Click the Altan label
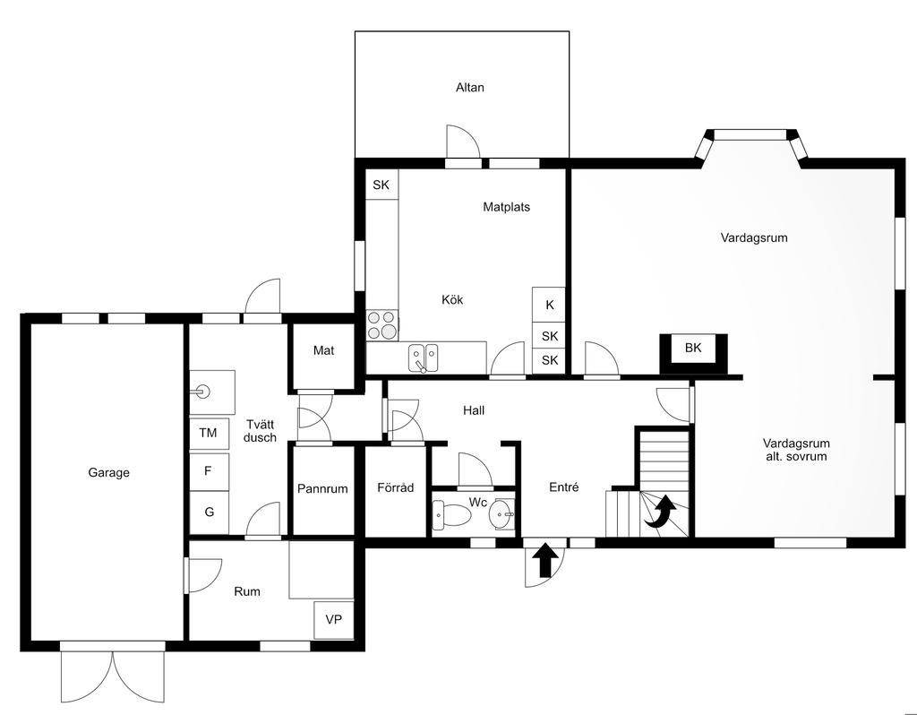(x=469, y=88)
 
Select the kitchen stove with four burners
(x=382, y=325)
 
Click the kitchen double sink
(x=424, y=358)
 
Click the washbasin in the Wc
(x=502, y=514)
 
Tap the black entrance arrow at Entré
(x=545, y=560)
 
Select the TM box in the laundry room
(x=208, y=433)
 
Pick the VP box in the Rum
(x=333, y=620)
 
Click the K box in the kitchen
(x=549, y=305)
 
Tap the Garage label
(x=108, y=472)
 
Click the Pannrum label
(x=322, y=488)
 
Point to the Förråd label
(x=395, y=487)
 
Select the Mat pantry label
(x=323, y=350)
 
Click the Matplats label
(x=507, y=207)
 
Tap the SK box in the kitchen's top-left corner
(x=381, y=185)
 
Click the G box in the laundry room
(x=209, y=512)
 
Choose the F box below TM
(x=208, y=471)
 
